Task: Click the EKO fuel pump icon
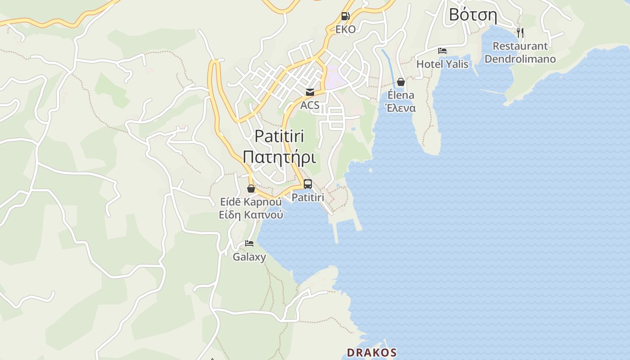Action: pos(345,17)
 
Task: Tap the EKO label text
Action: pos(346,30)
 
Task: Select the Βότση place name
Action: pos(473,15)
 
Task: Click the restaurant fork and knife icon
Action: pos(520,32)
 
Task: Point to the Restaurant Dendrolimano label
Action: pos(520,53)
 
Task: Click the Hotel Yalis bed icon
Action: pos(442,51)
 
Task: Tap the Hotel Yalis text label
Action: pos(442,64)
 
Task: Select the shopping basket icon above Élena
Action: pos(401,82)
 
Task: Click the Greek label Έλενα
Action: pos(400,108)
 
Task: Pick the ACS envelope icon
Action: pos(310,93)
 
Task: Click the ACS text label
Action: pos(310,106)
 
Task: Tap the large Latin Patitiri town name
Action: pos(279,136)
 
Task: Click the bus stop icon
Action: pos(308,184)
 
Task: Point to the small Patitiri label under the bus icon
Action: pos(308,198)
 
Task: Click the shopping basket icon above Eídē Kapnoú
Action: pos(251,189)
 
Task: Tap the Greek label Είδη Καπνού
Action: pos(251,215)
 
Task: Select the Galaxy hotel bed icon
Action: pos(249,244)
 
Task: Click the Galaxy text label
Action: pos(249,257)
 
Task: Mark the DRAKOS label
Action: pos(372,352)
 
